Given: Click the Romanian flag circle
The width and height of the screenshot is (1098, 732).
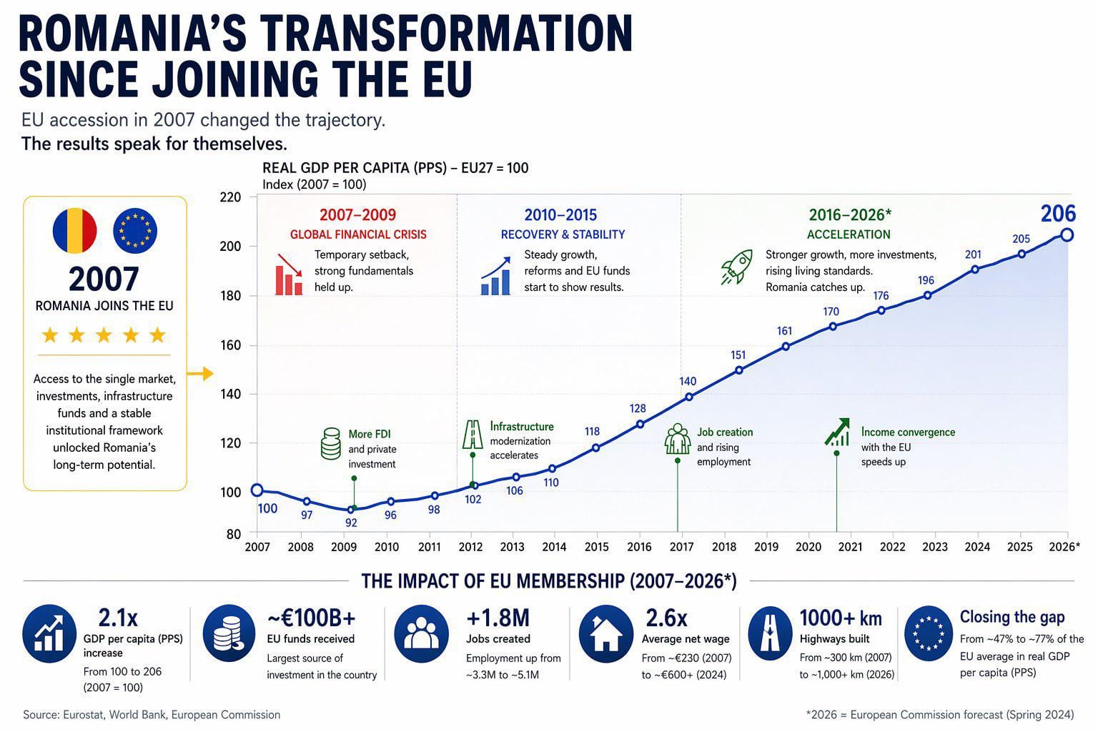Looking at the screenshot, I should pyautogui.click(x=74, y=230).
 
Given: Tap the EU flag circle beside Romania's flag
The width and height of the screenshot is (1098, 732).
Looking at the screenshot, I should pyautogui.click(x=135, y=230).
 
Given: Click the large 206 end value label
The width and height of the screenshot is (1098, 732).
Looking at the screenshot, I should pyautogui.click(x=1057, y=214).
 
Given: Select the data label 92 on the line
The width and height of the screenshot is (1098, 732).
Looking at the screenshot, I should pyautogui.click(x=351, y=523).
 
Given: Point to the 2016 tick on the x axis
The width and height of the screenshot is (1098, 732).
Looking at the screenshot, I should pyautogui.click(x=639, y=547).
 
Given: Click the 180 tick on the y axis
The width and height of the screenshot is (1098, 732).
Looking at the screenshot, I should pyautogui.click(x=229, y=296).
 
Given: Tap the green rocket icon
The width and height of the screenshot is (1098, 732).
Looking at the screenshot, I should pyautogui.click(x=736, y=267).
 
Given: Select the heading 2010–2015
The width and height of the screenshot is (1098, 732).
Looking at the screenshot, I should pyautogui.click(x=560, y=215).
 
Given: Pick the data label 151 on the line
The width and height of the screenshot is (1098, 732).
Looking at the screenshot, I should pyautogui.click(x=738, y=355).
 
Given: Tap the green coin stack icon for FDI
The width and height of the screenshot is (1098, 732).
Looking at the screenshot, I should pyautogui.click(x=330, y=444).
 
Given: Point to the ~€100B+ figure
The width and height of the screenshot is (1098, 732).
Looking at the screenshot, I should pyautogui.click(x=311, y=618).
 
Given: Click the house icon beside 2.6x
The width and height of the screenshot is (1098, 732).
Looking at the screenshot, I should pyautogui.click(x=606, y=633).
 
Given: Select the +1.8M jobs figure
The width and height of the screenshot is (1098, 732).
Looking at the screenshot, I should pyautogui.click(x=498, y=618).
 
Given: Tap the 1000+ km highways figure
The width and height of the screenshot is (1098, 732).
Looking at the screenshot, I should pyautogui.click(x=840, y=618).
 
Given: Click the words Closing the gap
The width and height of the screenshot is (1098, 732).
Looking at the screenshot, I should pyautogui.click(x=1012, y=617).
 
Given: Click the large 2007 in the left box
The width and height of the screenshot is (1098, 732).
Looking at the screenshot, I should pyautogui.click(x=104, y=280).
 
